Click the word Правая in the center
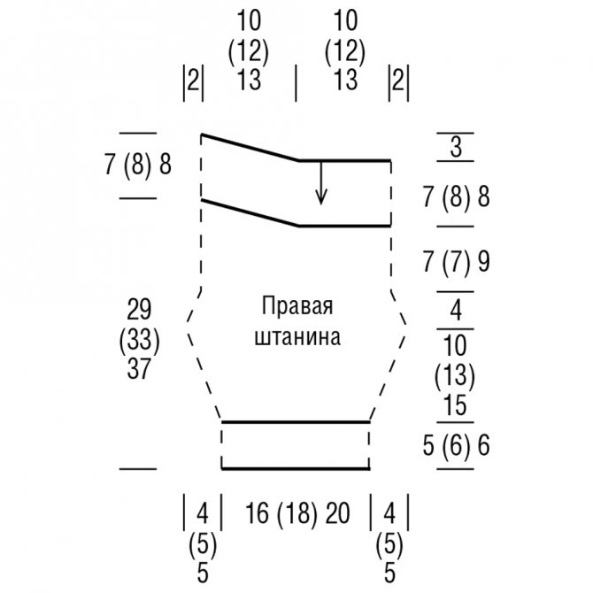pyautogui.click(x=297, y=307)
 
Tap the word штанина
pyautogui.click(x=297, y=337)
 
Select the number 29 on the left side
pyautogui.click(x=139, y=309)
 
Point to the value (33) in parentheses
pyautogui.click(x=139, y=339)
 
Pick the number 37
pyautogui.click(x=139, y=368)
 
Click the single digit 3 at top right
pyautogui.click(x=456, y=147)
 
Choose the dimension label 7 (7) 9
pyautogui.click(x=456, y=261)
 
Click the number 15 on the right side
pyautogui.click(x=456, y=405)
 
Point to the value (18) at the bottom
pyautogui.click(x=297, y=512)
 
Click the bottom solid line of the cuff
pyautogui.click(x=296, y=468)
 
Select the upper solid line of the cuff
pyautogui.click(x=296, y=422)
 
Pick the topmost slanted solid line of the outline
pyautogui.click(x=250, y=148)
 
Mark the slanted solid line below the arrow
pyautogui.click(x=250, y=212)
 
